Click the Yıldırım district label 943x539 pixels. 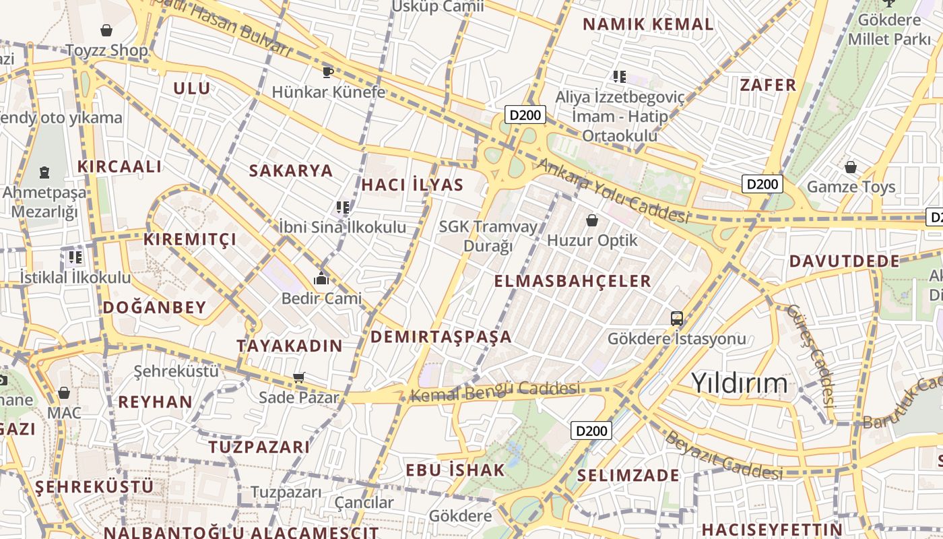point(739,383)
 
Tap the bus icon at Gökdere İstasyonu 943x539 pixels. point(677,318)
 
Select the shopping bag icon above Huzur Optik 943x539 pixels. point(591,220)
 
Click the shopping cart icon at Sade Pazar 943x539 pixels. point(299,378)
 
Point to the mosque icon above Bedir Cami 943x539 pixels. point(321,278)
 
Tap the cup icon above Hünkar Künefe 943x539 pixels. point(328,71)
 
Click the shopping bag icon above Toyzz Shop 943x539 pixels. point(106,30)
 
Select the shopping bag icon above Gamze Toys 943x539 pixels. point(851,166)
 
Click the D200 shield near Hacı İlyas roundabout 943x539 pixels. point(525,115)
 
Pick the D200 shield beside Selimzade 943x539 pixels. point(591,431)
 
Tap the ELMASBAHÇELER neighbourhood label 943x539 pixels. point(573,281)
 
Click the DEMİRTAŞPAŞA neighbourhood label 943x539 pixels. point(441,336)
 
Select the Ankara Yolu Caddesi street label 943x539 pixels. point(612,191)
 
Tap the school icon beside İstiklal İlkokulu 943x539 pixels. point(75,257)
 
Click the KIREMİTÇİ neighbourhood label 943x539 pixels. point(190,239)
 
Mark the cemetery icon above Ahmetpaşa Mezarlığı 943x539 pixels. point(44,172)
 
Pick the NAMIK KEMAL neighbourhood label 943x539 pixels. point(648,24)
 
